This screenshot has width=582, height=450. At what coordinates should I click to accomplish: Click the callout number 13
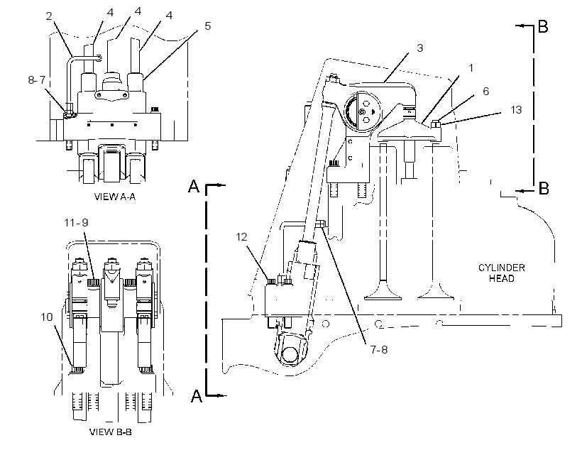point(516,109)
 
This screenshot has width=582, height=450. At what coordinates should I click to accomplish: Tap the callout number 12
point(241,237)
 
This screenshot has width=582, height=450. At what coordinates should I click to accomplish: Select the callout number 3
point(419,48)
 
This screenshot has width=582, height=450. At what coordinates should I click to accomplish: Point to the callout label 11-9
point(76,222)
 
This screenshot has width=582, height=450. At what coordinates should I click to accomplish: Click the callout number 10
point(47,317)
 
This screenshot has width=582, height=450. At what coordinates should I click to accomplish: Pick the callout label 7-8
point(379,349)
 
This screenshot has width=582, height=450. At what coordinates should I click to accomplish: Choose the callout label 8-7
point(36,79)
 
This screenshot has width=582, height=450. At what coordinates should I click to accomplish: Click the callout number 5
point(207,26)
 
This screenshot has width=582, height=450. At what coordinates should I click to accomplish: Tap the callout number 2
point(50,16)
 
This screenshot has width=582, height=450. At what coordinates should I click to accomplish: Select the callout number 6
point(486,91)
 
